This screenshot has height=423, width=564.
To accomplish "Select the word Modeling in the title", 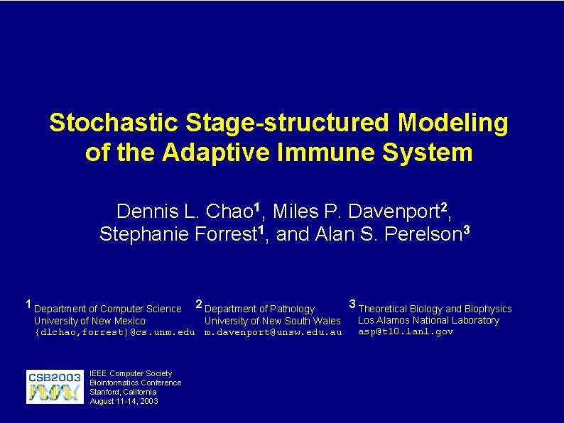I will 453,123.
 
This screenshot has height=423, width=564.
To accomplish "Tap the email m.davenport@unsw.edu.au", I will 273,332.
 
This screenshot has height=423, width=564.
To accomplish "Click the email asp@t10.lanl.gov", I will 405,331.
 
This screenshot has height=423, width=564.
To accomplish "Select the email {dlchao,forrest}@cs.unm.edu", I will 114,332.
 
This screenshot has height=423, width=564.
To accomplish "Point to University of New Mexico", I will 90,321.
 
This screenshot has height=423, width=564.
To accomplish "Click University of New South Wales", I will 272,321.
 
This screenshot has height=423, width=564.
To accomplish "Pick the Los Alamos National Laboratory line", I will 428,320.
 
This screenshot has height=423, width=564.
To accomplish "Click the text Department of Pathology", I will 259,309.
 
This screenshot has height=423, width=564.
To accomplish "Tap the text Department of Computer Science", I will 108,309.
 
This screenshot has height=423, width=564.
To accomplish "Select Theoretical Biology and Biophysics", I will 435,309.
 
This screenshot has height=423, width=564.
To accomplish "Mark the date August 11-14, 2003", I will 124,401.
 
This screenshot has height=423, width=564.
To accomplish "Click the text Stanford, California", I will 123,392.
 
